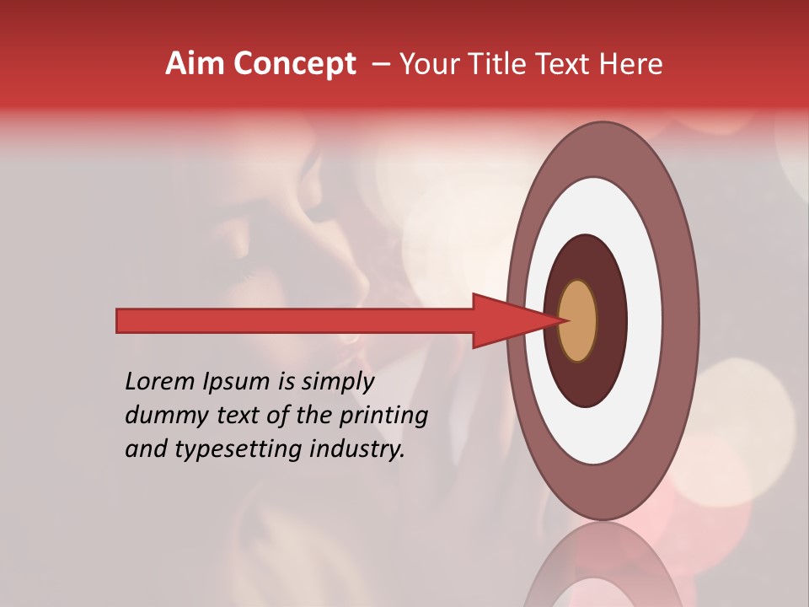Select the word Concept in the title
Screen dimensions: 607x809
click(294, 64)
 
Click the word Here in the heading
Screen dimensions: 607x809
click(632, 64)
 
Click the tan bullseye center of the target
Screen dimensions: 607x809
click(577, 320)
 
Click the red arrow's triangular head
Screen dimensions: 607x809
click(506, 320)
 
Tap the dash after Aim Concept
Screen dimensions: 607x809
click(380, 65)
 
